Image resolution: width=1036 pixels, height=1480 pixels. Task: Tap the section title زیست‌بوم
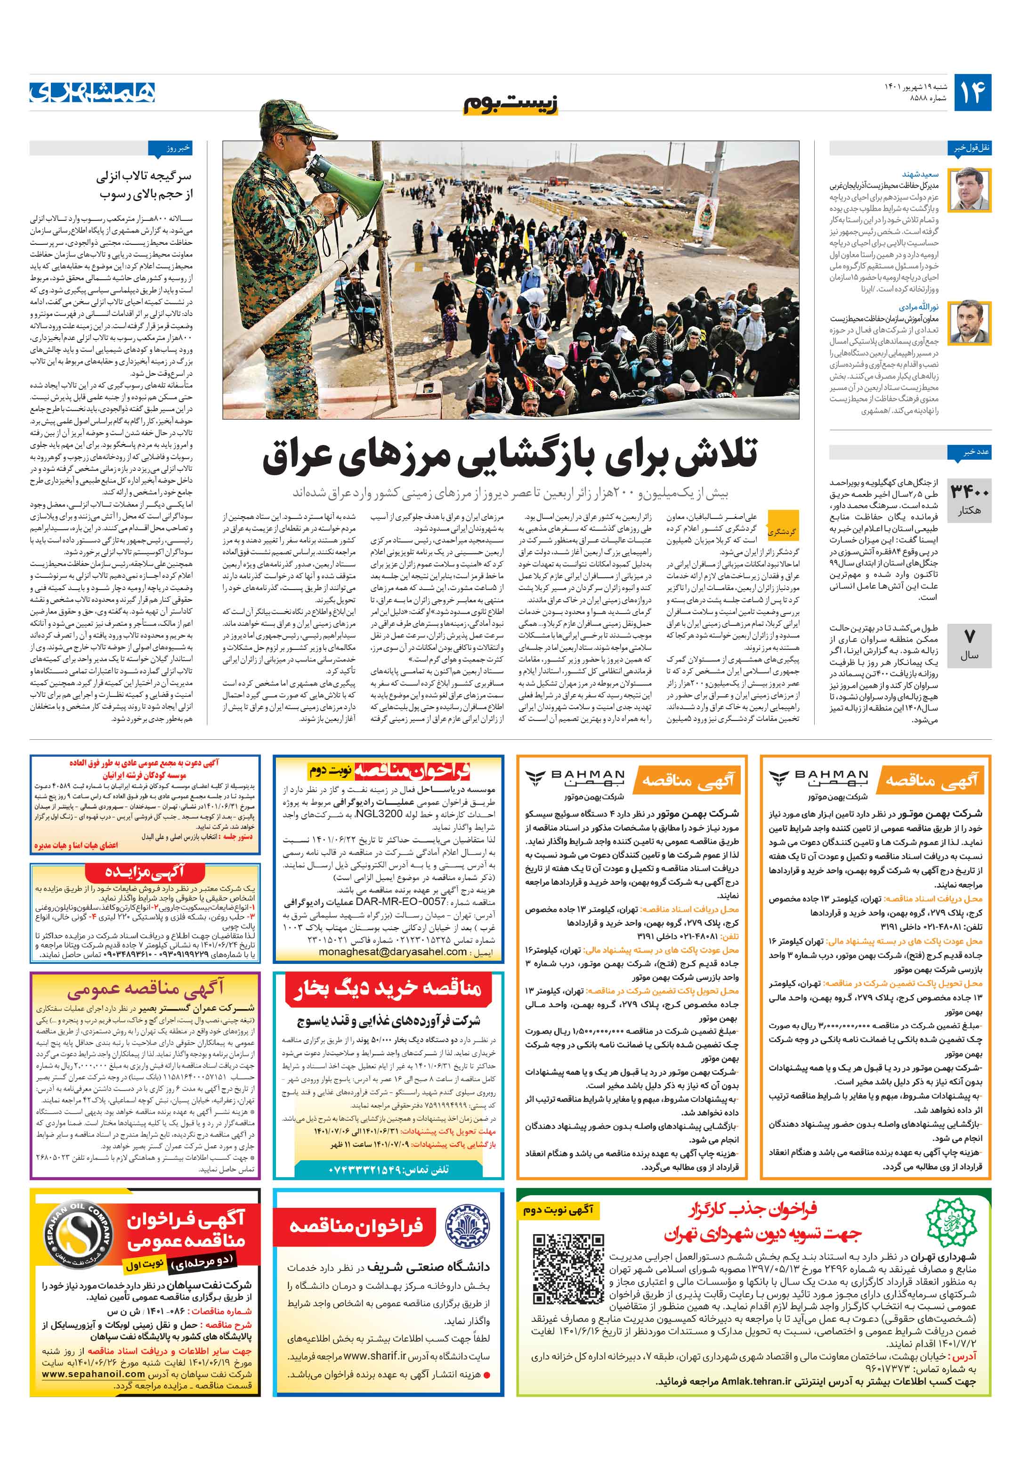[510, 103]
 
